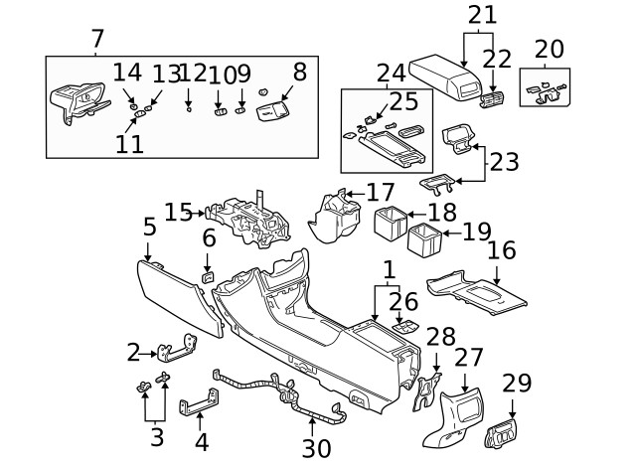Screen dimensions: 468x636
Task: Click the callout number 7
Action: [x=96, y=39]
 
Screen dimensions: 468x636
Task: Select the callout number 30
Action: [x=316, y=448]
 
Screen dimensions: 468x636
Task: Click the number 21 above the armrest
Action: [x=481, y=14]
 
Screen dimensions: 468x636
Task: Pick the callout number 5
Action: [x=149, y=227]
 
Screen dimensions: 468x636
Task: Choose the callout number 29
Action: [x=517, y=384]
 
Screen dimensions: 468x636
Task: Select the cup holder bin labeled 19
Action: [x=424, y=239]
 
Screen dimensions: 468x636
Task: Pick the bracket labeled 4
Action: [x=198, y=406]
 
